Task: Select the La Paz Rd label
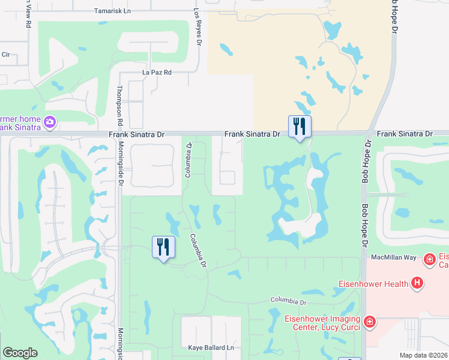(157, 73)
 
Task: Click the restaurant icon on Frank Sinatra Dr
(300, 127)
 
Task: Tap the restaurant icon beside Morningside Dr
(163, 247)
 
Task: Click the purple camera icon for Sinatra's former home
(49, 123)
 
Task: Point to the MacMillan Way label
(394, 257)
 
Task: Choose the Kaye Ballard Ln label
(210, 348)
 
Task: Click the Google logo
(20, 353)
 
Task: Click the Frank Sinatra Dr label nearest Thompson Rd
(136, 135)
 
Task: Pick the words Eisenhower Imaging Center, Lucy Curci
(322, 323)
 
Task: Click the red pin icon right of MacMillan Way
(429, 259)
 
